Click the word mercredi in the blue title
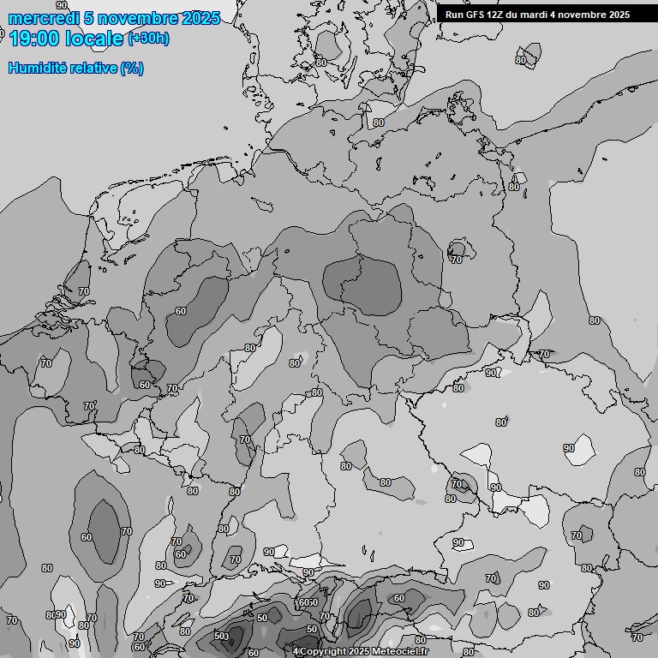click(x=43, y=18)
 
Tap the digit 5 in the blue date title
click(x=90, y=18)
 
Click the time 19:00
click(x=32, y=38)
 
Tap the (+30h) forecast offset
click(x=148, y=38)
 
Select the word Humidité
click(x=36, y=68)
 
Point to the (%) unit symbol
click(x=132, y=68)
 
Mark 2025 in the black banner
click(x=617, y=15)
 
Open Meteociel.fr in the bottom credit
click(x=399, y=652)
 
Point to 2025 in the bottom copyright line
click(x=359, y=652)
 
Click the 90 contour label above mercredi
click(x=61, y=5)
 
